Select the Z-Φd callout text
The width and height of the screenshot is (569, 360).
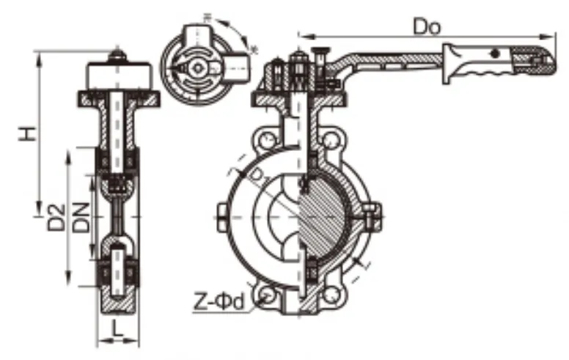219,301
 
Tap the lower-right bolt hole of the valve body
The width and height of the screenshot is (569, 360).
334,295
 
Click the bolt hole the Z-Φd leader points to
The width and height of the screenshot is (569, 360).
265,295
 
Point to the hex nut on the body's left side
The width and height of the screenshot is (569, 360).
221,218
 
